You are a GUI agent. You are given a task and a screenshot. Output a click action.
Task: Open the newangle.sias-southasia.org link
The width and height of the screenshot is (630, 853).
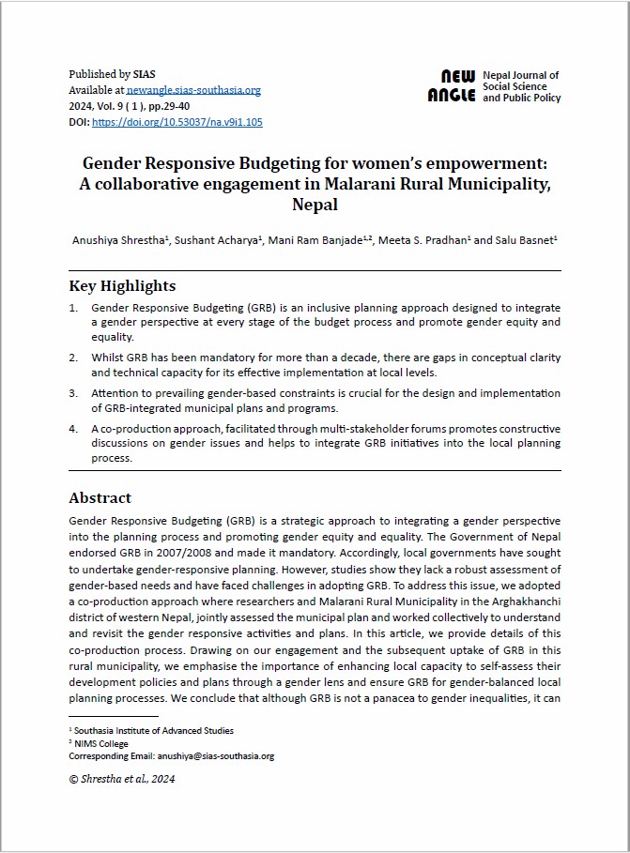point(193,90)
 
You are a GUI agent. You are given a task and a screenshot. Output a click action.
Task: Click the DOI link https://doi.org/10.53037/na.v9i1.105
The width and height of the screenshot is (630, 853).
point(177,122)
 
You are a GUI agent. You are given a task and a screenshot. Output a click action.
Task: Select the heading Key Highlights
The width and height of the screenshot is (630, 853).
point(122,285)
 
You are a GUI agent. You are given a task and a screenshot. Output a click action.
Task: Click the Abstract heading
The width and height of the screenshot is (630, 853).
point(100,497)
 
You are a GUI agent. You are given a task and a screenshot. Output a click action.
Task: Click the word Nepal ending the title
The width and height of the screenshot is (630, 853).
point(315,204)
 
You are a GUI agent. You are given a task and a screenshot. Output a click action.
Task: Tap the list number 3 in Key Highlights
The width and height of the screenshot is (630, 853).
point(73,393)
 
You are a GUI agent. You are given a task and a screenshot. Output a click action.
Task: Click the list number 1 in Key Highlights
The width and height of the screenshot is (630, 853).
point(73,308)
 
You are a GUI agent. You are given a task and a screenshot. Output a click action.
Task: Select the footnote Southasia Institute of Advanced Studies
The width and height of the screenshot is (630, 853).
point(154,731)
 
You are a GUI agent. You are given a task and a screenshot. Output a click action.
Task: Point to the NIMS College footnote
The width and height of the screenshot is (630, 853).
point(103,743)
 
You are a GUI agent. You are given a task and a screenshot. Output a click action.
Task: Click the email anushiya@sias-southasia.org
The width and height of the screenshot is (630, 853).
point(215,755)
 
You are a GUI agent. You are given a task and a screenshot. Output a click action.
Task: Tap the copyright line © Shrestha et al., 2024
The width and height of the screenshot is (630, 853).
point(122,778)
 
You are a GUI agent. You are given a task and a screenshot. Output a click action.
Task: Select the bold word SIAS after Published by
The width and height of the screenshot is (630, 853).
point(146,74)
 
